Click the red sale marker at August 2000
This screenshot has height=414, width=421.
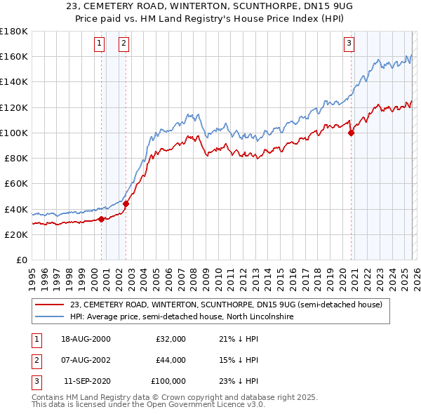(101, 219)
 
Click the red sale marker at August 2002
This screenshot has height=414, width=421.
(126, 204)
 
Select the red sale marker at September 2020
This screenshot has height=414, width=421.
(351, 133)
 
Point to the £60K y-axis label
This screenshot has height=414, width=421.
(16, 184)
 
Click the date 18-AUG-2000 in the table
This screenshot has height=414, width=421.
(86, 339)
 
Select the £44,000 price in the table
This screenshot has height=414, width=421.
(171, 360)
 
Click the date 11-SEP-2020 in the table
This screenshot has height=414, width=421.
(87, 381)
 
